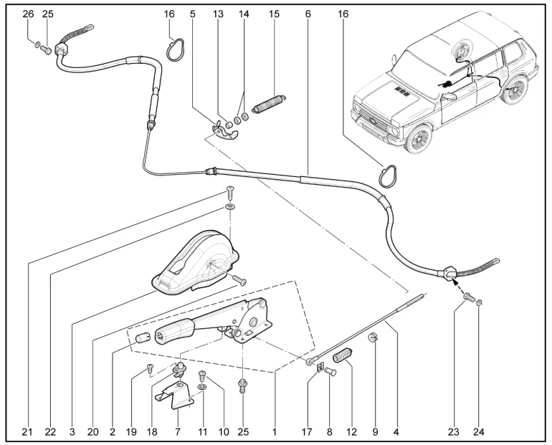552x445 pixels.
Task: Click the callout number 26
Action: [x=28, y=14]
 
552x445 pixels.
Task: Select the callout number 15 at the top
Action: [x=274, y=14]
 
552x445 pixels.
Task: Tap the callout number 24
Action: [x=479, y=431]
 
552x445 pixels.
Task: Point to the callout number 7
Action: [x=178, y=431]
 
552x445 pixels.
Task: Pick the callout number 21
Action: [x=27, y=431]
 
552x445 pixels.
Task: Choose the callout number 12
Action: [x=351, y=431]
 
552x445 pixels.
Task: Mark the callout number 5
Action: [x=192, y=14]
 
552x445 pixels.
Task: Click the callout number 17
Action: [x=307, y=431]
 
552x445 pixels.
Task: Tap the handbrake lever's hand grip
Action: [x=174, y=332]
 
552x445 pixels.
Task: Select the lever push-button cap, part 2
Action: [x=143, y=338]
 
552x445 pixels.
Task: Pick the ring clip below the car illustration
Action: [x=387, y=176]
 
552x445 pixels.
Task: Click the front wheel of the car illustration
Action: [x=419, y=138]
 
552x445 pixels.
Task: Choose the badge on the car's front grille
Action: [x=373, y=120]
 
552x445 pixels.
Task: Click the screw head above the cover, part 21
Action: [x=230, y=191]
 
